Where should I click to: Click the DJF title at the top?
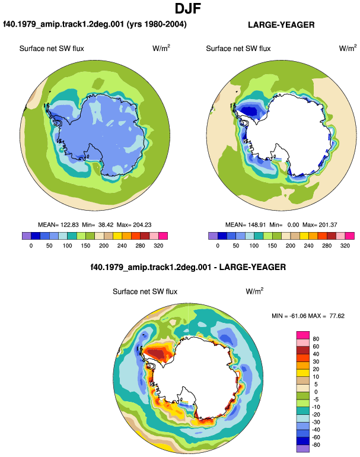pyautogui.click(x=188, y=8)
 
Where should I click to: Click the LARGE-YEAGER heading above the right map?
pyautogui.click(x=281, y=25)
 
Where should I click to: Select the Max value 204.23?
pyautogui.click(x=142, y=225)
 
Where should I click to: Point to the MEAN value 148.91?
pyautogui.click(x=257, y=225)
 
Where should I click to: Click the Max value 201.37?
pyautogui.click(x=328, y=225)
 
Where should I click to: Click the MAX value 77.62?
pyautogui.click(x=337, y=316)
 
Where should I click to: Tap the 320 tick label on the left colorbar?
pyautogui.click(x=158, y=246)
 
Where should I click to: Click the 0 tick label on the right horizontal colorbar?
pyautogui.click(x=218, y=246)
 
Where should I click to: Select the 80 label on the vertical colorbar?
pyautogui.click(x=316, y=339)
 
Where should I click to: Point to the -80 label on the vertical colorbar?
pyautogui.click(x=316, y=445)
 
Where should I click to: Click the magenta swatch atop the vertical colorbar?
pyautogui.click(x=303, y=335)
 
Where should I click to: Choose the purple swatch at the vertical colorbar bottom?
pyautogui.click(x=303, y=449)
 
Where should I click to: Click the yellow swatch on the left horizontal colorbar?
pyautogui.click(x=117, y=236)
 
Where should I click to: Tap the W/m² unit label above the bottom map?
pyautogui.click(x=254, y=291)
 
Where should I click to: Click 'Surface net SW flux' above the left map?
pyautogui.click(x=52, y=49)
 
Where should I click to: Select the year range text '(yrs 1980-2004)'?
pyautogui.click(x=157, y=24)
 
